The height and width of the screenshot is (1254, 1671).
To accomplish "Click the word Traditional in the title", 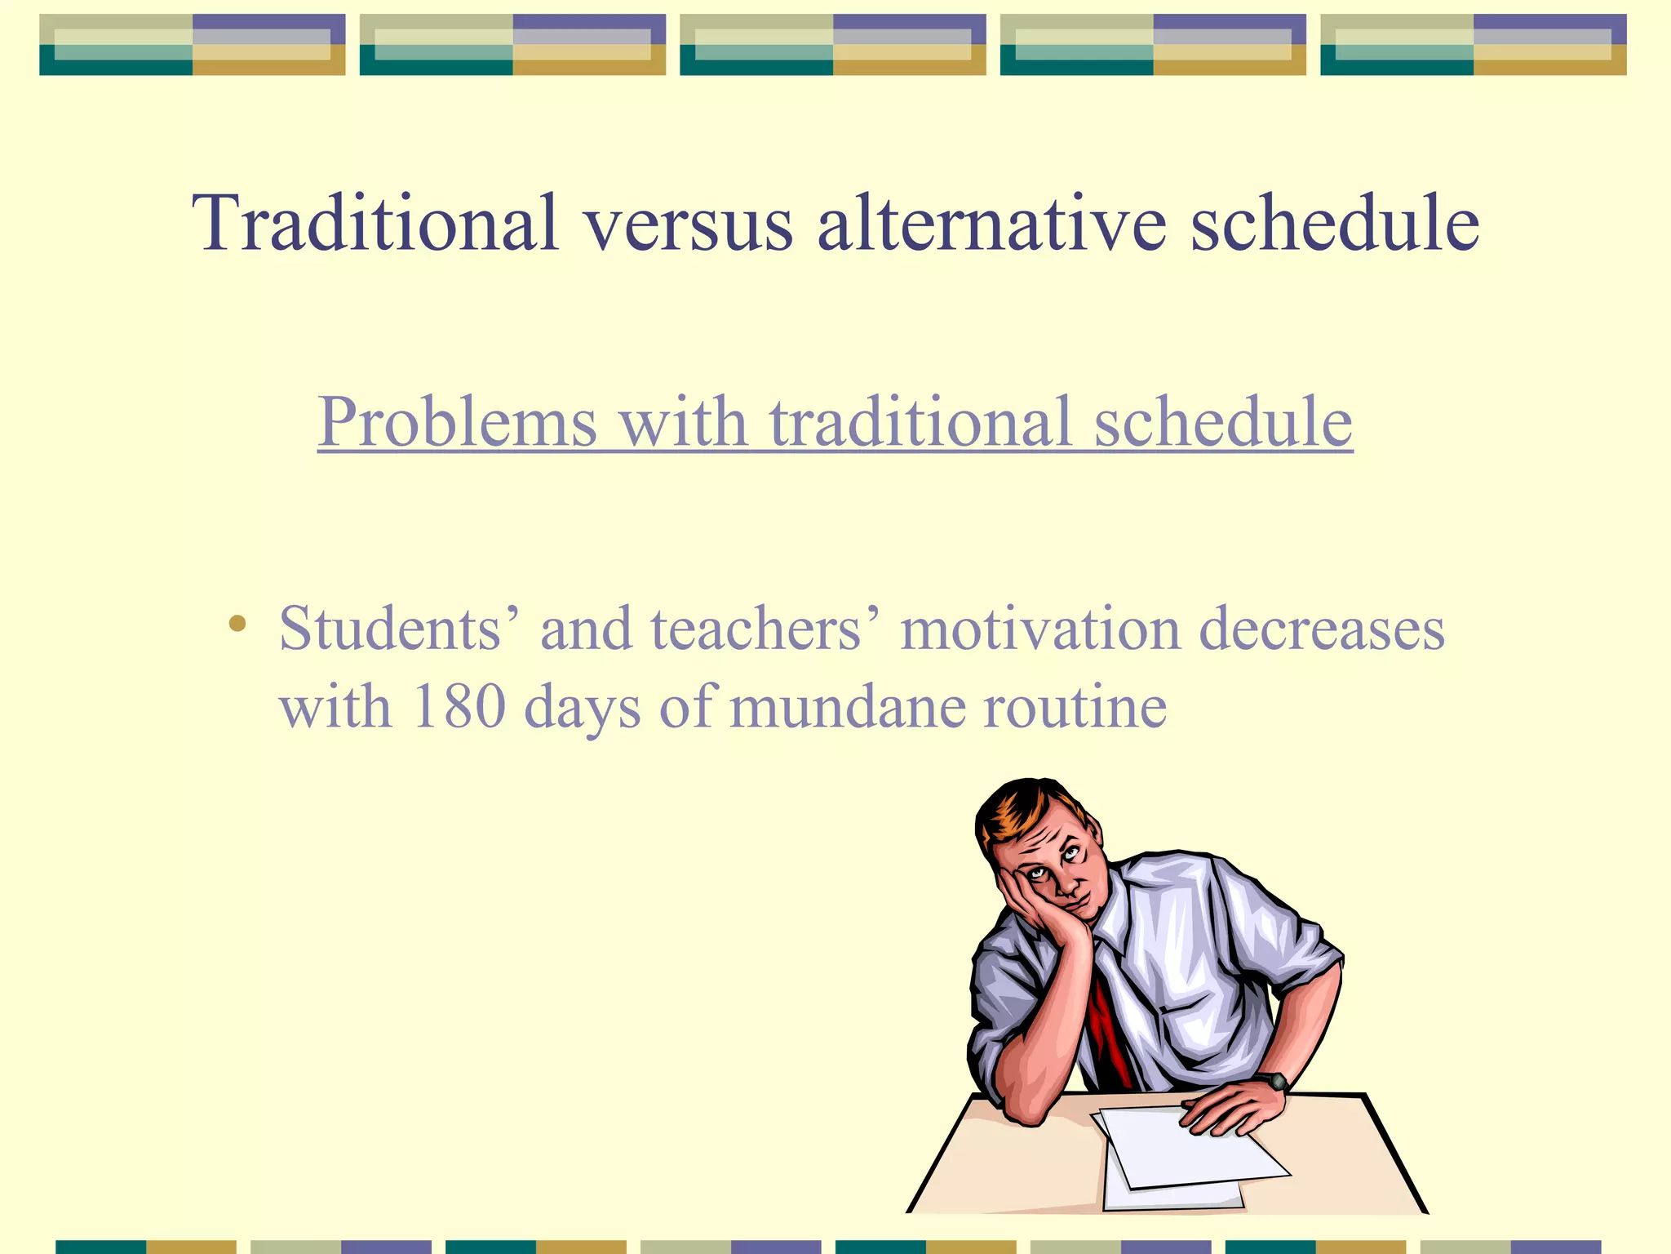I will (x=375, y=223).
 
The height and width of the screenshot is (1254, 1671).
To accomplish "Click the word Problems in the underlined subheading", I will (x=457, y=422).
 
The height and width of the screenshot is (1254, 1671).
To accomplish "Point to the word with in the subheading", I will (x=683, y=422).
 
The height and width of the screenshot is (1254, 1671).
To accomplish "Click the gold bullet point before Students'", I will (x=237, y=625).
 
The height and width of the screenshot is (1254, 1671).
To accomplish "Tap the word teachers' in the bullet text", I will (x=765, y=629).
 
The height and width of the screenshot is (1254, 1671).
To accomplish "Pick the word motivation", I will (x=1040, y=629).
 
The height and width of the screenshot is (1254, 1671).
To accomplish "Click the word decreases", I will (x=1322, y=629).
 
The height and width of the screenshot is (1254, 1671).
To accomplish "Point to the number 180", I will (x=459, y=706).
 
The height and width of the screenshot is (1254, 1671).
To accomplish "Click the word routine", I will (x=1075, y=706).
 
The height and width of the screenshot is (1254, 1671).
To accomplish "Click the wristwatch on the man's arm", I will (x=1274, y=1082).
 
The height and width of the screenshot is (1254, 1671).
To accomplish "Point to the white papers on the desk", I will (x=1183, y=1151).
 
